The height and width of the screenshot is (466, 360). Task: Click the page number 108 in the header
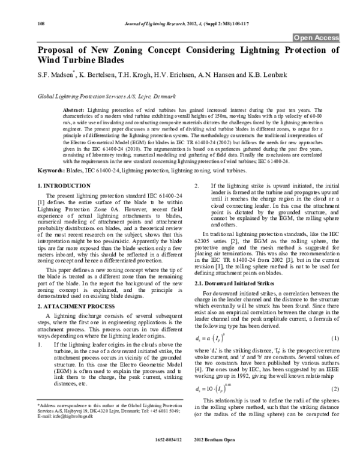click(x=41, y=23)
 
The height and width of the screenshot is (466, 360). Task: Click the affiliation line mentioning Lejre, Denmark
click(x=99, y=96)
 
